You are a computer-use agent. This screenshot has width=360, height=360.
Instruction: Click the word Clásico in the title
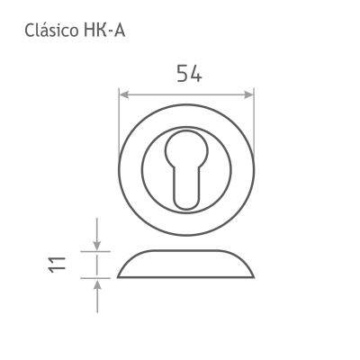pyautogui.click(x=51, y=31)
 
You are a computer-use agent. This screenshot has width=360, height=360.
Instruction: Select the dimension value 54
pyautogui.click(x=189, y=73)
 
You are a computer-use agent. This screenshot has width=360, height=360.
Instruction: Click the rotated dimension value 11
pyautogui.click(x=57, y=265)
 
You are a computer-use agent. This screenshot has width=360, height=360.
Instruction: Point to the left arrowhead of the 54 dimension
pyautogui.click(x=124, y=94)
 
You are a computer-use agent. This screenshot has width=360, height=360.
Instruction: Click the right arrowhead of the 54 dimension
pyautogui.click(x=249, y=94)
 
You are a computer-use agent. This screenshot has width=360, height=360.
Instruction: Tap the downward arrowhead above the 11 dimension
pyautogui.click(x=96, y=246)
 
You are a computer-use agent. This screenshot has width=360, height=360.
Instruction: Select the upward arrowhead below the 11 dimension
pyautogui.click(x=96, y=284)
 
